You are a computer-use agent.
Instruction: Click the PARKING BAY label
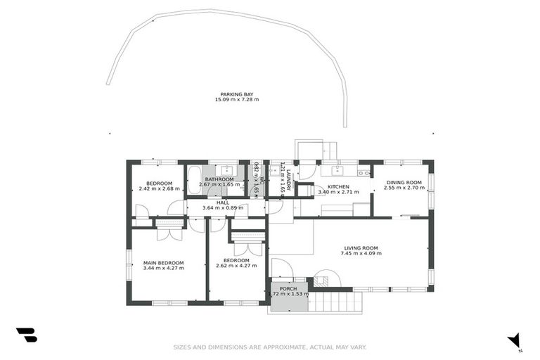[237, 94]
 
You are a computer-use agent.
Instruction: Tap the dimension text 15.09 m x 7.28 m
[237, 100]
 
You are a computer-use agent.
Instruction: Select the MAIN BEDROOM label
[163, 263]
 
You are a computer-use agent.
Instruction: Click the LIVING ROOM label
[361, 247]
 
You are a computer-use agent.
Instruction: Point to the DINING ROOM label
[404, 183]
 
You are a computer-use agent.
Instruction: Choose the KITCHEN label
[333, 186]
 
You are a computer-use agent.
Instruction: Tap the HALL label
[223, 202]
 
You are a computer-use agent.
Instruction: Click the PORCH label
[288, 288]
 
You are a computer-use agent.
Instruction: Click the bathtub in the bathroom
[195, 176]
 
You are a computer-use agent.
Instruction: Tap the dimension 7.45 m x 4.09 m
[361, 253]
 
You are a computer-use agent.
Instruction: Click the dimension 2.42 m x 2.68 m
[155, 188]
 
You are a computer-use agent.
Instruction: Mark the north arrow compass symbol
[515, 340]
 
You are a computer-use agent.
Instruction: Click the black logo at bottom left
[26, 335]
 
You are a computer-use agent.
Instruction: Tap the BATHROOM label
[219, 179]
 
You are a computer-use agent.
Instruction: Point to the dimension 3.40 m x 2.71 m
[333, 192]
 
